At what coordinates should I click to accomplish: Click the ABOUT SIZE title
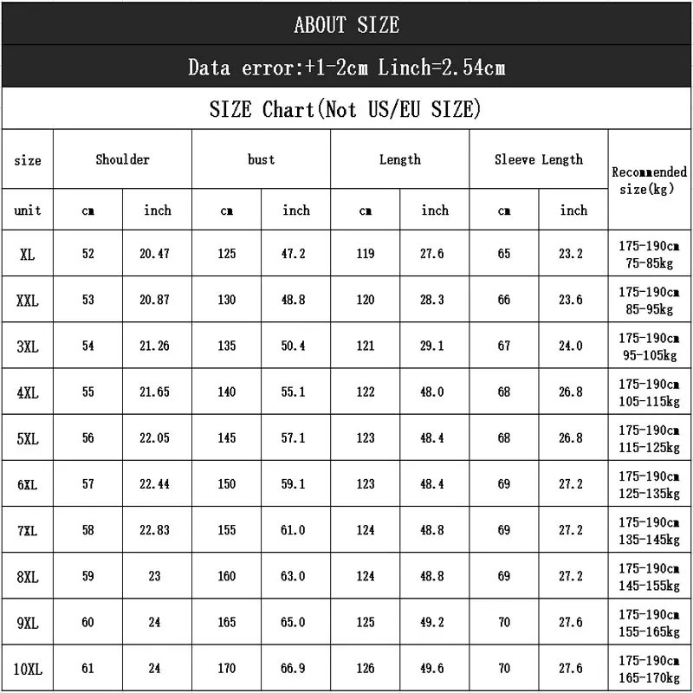tap(346, 25)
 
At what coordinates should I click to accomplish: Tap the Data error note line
tap(346, 68)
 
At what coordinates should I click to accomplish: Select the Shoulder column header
tap(122, 159)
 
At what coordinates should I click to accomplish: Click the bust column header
tap(261, 159)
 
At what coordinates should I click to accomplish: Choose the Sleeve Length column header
tap(538, 159)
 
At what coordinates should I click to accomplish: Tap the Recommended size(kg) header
tap(649, 180)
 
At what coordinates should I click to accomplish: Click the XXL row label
tap(28, 301)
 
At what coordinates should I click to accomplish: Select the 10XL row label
tap(28, 669)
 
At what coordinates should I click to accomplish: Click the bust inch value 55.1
tap(295, 392)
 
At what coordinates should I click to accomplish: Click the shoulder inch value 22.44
tap(156, 484)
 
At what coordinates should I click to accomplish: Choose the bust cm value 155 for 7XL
tap(227, 530)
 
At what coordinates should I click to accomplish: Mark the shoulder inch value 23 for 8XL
tap(157, 576)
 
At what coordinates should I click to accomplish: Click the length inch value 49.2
tap(433, 622)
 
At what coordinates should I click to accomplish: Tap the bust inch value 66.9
tap(295, 668)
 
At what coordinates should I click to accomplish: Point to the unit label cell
tap(28, 210)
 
